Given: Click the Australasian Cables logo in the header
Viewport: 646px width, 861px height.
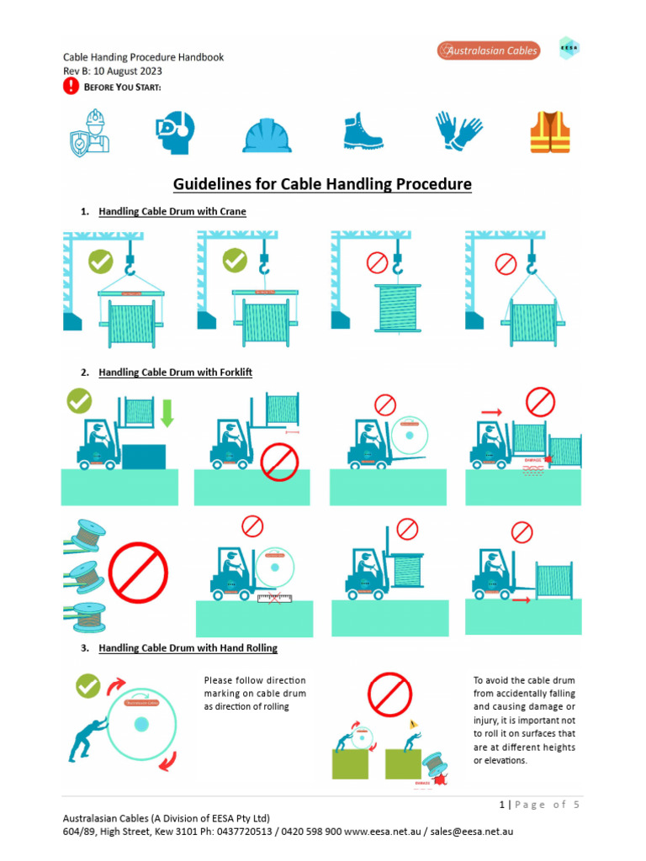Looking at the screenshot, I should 488,51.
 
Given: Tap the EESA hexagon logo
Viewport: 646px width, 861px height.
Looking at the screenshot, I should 569,48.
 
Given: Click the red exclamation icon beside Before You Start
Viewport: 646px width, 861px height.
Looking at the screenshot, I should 71,87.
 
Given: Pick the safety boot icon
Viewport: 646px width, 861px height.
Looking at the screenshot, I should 363,132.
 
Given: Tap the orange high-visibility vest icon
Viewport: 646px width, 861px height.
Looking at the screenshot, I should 549,133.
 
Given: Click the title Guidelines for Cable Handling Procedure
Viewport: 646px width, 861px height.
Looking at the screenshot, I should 322,184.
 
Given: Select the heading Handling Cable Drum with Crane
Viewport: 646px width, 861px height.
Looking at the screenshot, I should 172,211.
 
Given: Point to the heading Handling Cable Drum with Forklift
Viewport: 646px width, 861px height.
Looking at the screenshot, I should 175,372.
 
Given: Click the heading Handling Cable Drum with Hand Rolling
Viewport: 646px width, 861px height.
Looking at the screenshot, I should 188,648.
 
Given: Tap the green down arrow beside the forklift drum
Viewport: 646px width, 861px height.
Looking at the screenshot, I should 167,412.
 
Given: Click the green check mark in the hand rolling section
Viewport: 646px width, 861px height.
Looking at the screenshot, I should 87,686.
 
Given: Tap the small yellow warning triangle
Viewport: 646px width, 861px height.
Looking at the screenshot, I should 412,723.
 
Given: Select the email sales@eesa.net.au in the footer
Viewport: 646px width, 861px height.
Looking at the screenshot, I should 472,832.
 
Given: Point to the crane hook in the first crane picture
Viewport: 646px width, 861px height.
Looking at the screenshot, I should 130,265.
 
